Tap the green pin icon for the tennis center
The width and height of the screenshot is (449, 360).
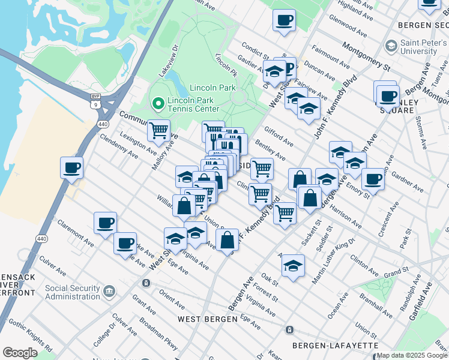pyautogui.click(x=158, y=104)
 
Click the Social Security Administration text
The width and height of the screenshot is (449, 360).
pyautogui.click(x=72, y=292)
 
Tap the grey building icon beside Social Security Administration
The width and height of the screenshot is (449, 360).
pyautogui.click(x=109, y=292)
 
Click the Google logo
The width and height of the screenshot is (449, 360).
pyautogui.click(x=20, y=353)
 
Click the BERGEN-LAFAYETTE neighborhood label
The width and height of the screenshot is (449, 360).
pyautogui.click(x=335, y=346)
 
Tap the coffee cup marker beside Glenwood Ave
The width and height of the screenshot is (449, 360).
pyautogui.click(x=284, y=20)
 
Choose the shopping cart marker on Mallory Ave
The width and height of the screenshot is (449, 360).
pyautogui.click(x=158, y=130)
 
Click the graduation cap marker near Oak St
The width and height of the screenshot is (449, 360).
pyautogui.click(x=293, y=265)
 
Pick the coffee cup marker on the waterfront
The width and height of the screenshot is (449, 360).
pyautogui.click(x=72, y=167)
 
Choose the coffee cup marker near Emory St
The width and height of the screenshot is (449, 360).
pyautogui.click(x=373, y=178)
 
